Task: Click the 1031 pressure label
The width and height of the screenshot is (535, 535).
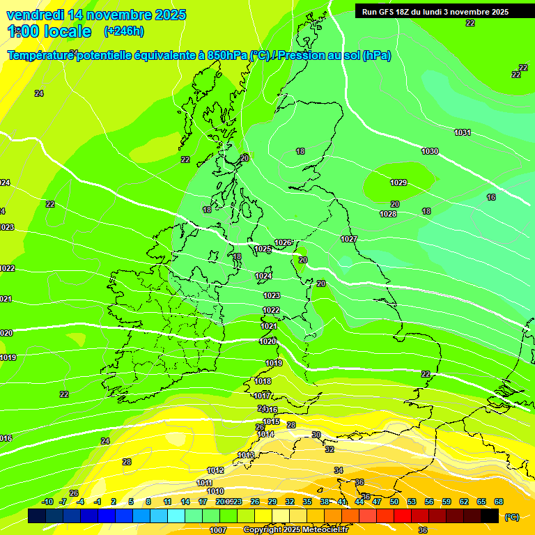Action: [462, 132]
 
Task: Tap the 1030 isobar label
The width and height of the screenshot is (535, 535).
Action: [430, 151]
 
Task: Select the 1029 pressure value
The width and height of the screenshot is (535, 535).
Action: [398, 183]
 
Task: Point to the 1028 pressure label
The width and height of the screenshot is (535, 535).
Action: [388, 214]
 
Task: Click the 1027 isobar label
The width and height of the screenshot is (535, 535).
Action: [349, 239]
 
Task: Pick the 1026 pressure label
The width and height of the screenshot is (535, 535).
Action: [283, 242]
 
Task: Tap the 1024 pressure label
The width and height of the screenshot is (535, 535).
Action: [263, 276]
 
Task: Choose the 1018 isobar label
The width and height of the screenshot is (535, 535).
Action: [263, 381]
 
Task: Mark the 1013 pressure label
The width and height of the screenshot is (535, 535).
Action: [246, 455]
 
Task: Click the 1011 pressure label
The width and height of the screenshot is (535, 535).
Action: [204, 483]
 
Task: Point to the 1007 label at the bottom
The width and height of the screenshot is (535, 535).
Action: [218, 530]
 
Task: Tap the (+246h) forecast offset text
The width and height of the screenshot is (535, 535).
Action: [123, 31]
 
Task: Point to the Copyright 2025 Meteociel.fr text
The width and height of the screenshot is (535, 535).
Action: [295, 530]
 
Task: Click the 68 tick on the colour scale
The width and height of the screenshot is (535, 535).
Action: [499, 502]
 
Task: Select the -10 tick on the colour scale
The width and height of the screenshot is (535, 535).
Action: [47, 502]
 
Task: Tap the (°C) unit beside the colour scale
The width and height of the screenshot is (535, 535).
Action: [511, 517]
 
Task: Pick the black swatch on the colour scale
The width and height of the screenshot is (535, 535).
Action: [490, 516]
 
